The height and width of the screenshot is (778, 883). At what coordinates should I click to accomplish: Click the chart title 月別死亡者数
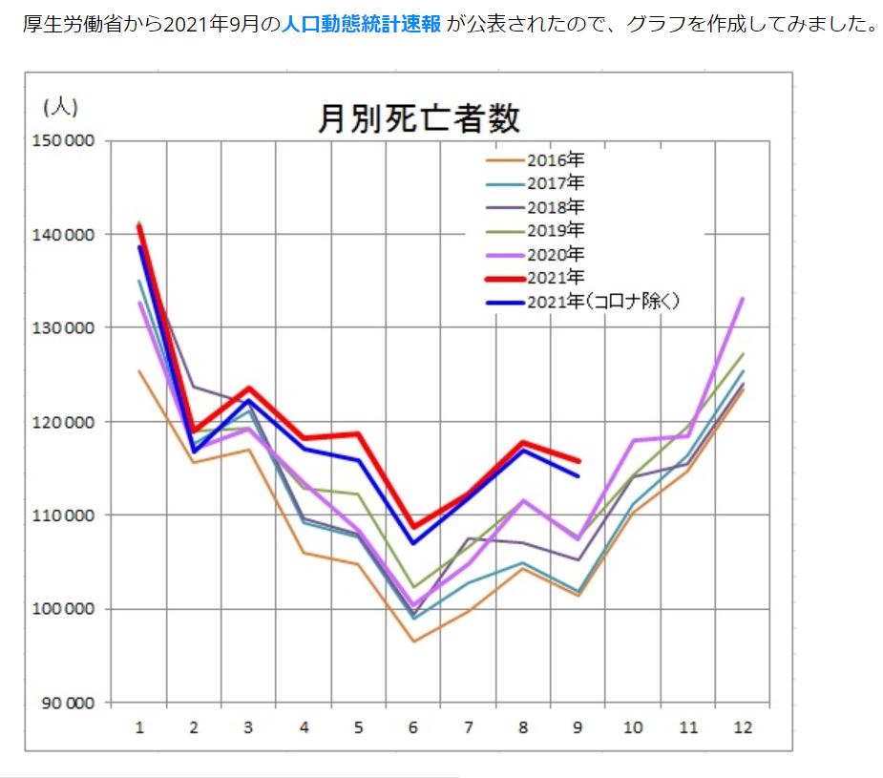[419, 118]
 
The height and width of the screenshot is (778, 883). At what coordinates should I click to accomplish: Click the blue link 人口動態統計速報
[361, 25]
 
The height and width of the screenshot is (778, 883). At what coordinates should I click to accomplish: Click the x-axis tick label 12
[742, 727]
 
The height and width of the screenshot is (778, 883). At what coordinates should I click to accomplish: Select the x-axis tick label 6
[413, 727]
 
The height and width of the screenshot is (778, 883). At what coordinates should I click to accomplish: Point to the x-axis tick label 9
[578, 727]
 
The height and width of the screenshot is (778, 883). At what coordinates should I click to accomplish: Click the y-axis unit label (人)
[60, 106]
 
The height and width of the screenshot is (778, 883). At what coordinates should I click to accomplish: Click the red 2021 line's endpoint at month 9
[578, 461]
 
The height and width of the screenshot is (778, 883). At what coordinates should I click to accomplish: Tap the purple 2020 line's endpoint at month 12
[742, 299]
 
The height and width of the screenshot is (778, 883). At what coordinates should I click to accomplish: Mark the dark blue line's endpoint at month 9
[578, 475]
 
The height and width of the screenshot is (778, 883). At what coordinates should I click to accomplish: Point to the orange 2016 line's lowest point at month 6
[413, 641]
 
